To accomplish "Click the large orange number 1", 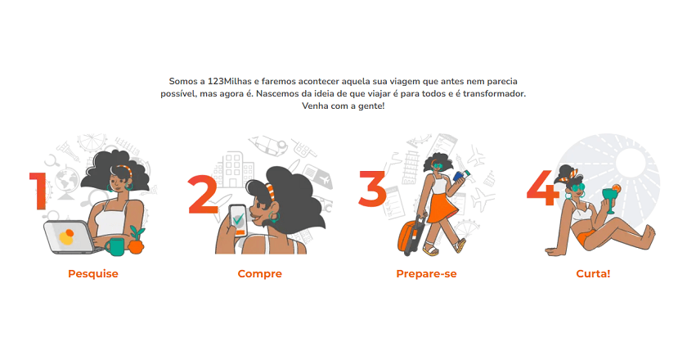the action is [39, 191].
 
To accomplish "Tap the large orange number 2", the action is [204, 195].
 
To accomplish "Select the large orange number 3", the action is [373, 188].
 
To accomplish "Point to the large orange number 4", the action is [543, 187].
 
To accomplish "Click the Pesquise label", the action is [93, 273].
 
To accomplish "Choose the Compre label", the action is [260, 273].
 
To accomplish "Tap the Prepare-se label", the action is [426, 273].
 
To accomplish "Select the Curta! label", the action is [593, 273].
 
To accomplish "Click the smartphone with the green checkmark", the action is [238, 221].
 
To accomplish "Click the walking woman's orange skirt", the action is [442, 207].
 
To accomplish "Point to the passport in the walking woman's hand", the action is [460, 176].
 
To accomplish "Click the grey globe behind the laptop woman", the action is [66, 180].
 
